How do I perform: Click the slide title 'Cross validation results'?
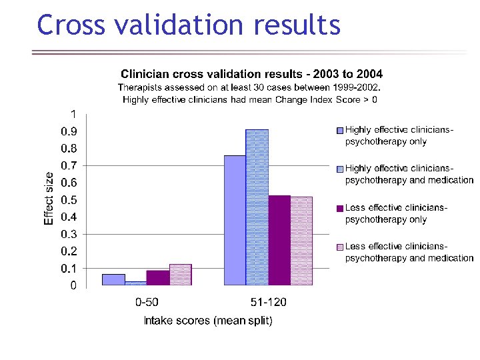click(x=189, y=25)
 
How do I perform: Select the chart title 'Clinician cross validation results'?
click(x=251, y=73)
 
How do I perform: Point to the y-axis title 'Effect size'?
click(x=49, y=198)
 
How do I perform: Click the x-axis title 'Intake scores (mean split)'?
click(x=208, y=321)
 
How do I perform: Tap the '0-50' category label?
click(x=147, y=302)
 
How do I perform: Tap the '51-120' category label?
click(x=268, y=302)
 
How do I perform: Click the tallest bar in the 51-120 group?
click(x=257, y=207)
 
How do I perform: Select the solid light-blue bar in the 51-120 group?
click(x=235, y=220)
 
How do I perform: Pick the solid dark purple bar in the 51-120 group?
click(x=279, y=240)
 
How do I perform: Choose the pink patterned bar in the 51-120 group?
click(x=301, y=241)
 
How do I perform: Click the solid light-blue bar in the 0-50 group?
click(x=113, y=279)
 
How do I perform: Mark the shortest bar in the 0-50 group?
click(x=135, y=283)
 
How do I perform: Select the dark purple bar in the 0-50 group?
click(x=158, y=277)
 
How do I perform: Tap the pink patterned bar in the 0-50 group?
click(x=180, y=275)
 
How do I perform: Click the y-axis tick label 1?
click(x=73, y=113)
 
